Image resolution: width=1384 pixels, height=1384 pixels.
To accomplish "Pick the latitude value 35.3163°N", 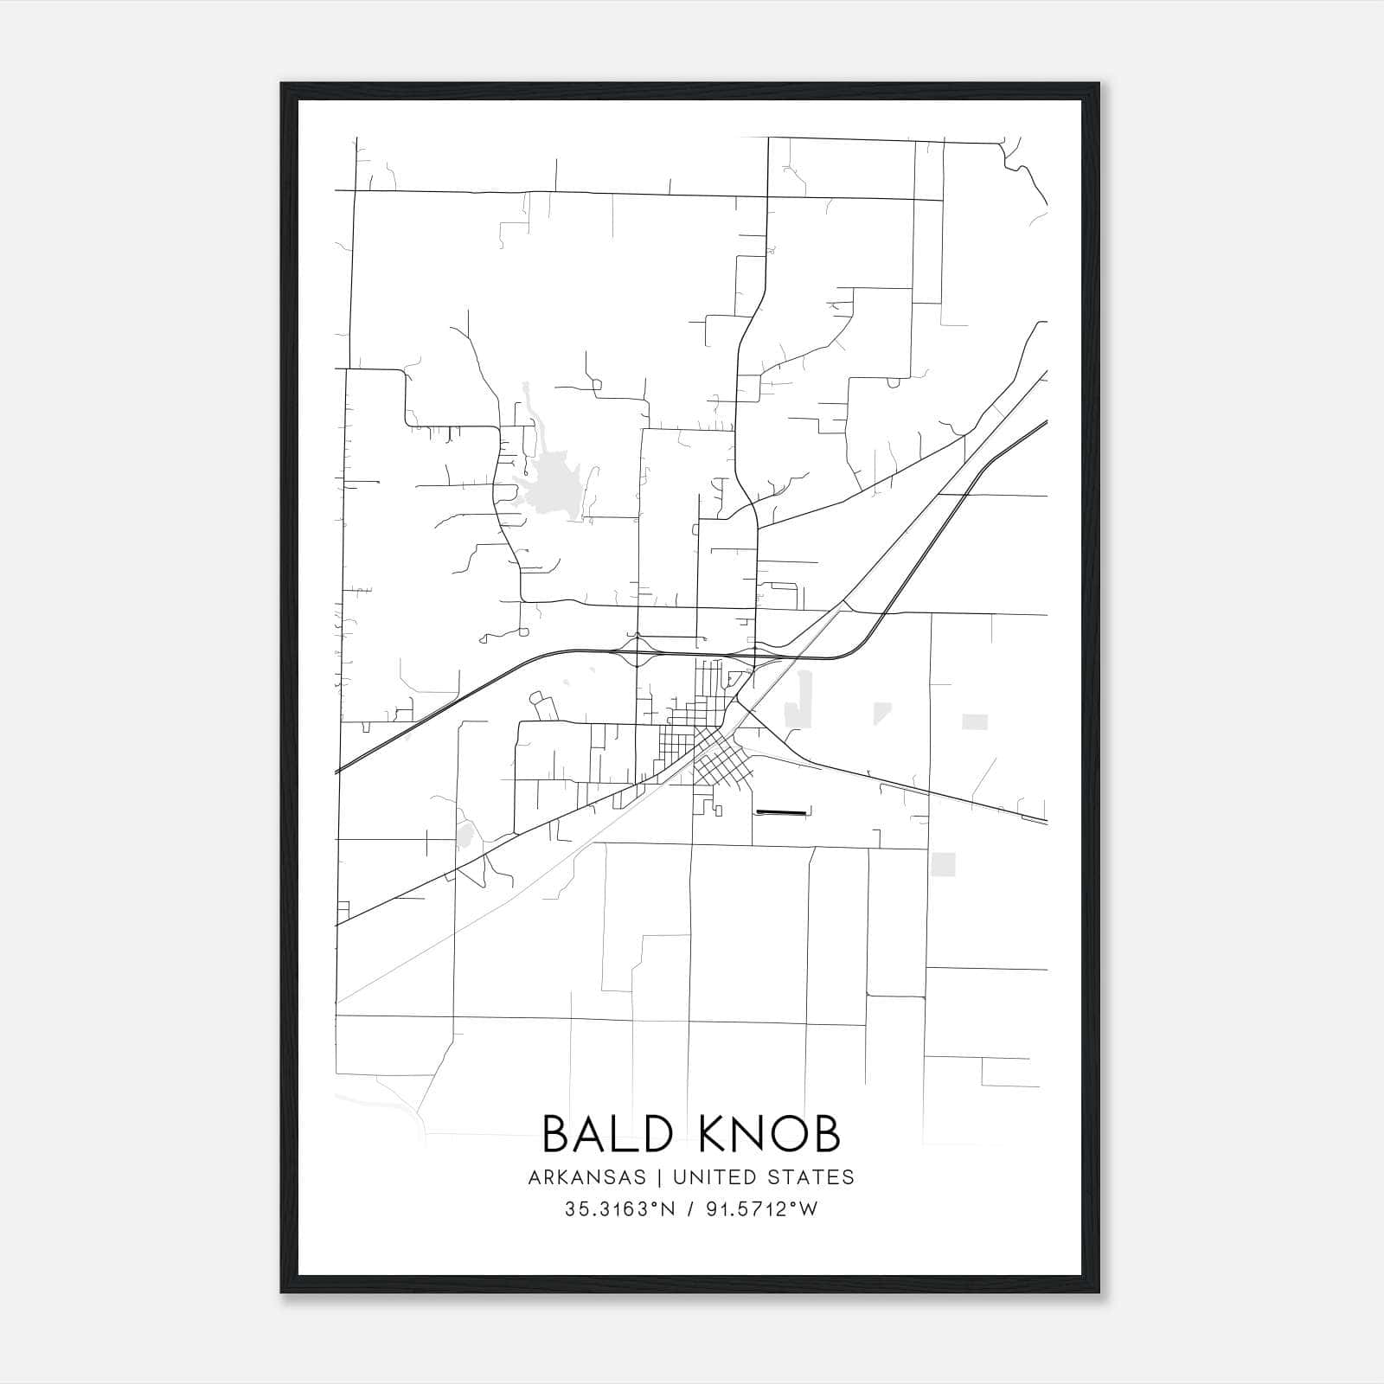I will click(x=618, y=1209).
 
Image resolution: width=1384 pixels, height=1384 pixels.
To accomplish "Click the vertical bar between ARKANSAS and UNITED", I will click(x=658, y=1177).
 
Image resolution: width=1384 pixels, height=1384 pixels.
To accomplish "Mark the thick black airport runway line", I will click(x=781, y=811).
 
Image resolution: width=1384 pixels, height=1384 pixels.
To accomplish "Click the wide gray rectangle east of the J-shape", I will click(x=975, y=721).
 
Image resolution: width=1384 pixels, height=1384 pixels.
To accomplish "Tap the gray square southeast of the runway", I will click(x=944, y=864).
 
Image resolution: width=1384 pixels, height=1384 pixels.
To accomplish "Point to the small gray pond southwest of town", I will click(x=465, y=836).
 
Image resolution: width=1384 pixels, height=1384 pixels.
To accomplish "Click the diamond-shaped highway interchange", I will click(x=638, y=650).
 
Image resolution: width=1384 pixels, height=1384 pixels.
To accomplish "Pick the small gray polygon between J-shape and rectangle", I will click(x=881, y=713).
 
